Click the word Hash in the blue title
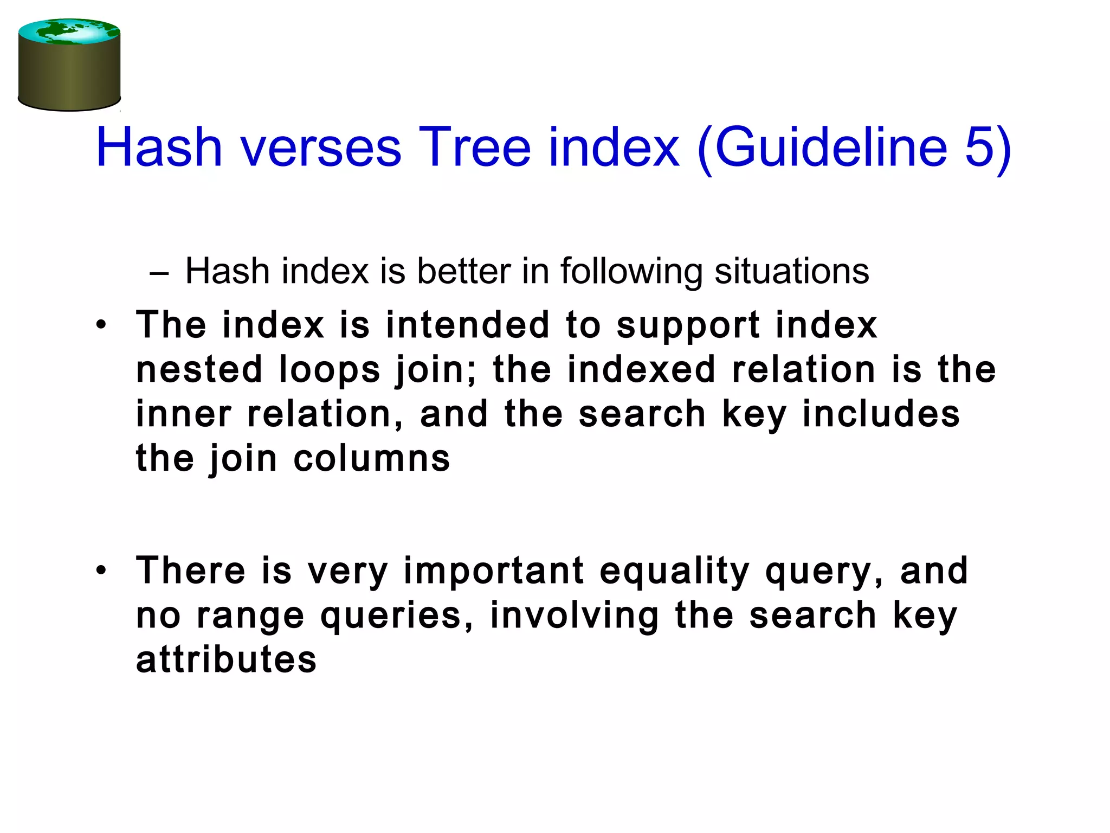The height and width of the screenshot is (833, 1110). (159, 147)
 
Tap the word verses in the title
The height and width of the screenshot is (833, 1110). (321, 147)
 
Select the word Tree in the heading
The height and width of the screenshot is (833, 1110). (474, 147)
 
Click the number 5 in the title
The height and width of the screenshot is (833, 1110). (980, 147)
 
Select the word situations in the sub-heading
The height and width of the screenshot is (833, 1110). (791, 271)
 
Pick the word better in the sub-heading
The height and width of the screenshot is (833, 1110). (463, 271)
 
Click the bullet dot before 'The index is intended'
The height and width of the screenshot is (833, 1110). (101, 325)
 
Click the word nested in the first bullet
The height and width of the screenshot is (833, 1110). (199, 370)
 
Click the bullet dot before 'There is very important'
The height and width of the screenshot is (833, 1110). (101, 571)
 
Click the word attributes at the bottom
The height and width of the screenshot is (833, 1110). (226, 660)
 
